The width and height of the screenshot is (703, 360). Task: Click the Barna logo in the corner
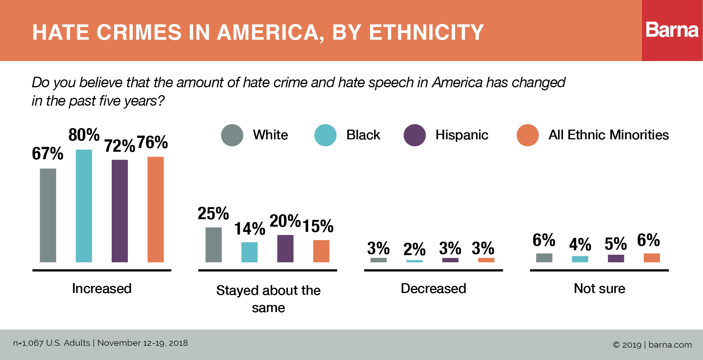coord(672,30)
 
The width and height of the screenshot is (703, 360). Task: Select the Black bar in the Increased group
coord(84,206)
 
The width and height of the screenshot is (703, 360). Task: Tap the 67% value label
coord(48,154)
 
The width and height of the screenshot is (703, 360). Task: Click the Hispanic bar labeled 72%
coord(120,211)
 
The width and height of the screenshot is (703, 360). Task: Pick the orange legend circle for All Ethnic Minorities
coord(528,135)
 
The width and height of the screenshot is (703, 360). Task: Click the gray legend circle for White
coord(232,135)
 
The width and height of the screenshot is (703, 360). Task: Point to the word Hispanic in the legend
coord(462,135)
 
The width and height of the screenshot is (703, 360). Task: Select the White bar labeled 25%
coord(214,245)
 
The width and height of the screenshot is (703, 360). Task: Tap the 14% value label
coord(250,229)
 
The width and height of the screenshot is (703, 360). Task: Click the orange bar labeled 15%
coord(321,251)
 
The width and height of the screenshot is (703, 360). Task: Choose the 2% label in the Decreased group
coord(414,249)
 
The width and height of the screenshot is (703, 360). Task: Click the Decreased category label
coord(433,288)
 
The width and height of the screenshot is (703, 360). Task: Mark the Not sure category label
coord(599,288)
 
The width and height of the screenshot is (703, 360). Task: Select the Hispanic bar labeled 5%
coord(616,258)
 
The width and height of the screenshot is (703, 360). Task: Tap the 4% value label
coord(580,245)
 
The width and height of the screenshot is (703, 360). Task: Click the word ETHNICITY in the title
coord(426,32)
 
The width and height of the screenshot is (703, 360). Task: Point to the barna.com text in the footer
coord(670,345)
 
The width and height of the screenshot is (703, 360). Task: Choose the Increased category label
coord(102,288)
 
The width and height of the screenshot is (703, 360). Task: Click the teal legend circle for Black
coord(325,135)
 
